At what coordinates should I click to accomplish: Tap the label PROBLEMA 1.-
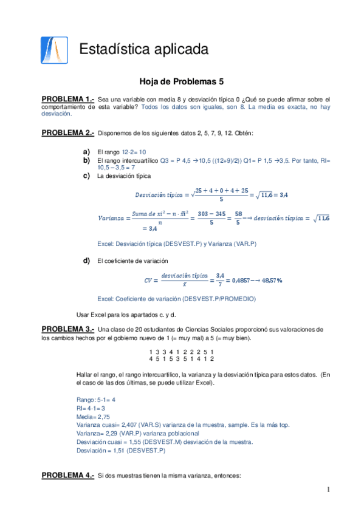tap(67, 98)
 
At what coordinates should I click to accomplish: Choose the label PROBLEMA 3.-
tap(67, 329)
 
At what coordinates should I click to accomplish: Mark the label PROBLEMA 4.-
tap(67, 475)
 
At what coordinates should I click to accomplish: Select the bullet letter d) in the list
tap(86, 261)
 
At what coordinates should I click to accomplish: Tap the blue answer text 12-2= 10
tap(134, 152)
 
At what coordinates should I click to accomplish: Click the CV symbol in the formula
tap(148, 281)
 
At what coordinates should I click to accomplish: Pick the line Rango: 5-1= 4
tap(95, 400)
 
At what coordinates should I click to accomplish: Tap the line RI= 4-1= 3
tap(91, 409)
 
